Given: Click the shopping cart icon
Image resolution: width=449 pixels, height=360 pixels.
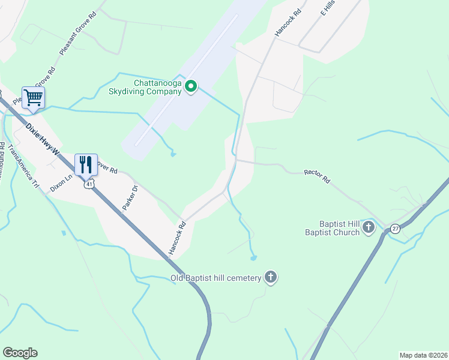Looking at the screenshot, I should point(34,97).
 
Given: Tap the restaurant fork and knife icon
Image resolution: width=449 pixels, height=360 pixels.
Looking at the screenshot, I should point(86,164).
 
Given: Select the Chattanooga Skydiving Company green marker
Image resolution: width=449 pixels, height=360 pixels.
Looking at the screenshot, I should point(191,87).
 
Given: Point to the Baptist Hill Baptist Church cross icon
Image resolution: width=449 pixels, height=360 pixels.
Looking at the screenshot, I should point(369,227).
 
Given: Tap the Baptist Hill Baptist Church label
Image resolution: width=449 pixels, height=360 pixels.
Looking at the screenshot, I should point(332,227).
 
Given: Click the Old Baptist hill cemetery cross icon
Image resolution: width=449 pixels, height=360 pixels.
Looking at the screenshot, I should point(271,277).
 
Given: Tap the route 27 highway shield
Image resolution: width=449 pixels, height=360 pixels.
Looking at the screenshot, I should point(394,228).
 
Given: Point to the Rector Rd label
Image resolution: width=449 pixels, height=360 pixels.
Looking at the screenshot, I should point(318,176).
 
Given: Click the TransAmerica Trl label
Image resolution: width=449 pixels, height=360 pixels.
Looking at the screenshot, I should point(26,167).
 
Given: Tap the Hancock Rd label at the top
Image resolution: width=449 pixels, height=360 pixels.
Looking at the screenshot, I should point(287,19).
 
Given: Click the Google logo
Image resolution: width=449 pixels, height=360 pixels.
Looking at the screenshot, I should point(20,353).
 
